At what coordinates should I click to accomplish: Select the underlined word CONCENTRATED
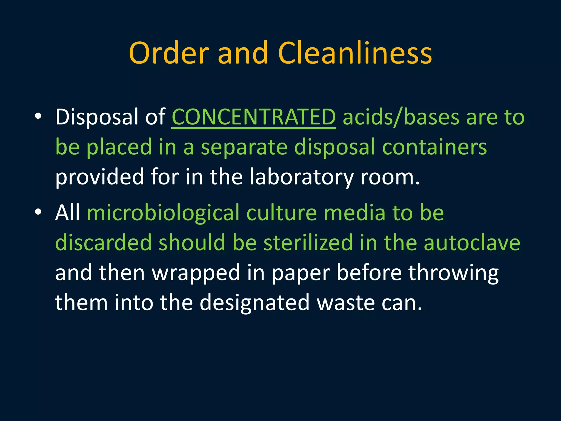point(254,117)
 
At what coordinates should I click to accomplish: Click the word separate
point(244,147)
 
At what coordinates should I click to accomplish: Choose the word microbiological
point(163,213)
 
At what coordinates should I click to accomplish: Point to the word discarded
point(103,243)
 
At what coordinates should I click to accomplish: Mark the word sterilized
point(308,243)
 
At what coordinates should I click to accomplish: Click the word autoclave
point(472,243)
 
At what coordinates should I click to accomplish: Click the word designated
point(254,303)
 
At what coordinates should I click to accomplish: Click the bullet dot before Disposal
point(38,116)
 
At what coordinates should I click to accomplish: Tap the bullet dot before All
point(38,212)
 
